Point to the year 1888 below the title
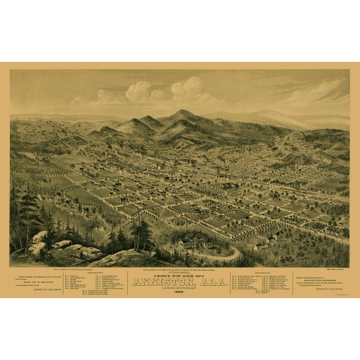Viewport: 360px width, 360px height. click(179, 294)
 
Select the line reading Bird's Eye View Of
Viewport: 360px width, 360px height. click(179, 274)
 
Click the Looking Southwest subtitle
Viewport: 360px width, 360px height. click(179, 289)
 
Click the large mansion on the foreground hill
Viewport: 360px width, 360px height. click(191, 244)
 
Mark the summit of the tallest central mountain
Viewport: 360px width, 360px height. click(181, 112)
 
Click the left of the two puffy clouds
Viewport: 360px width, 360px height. click(139, 91)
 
